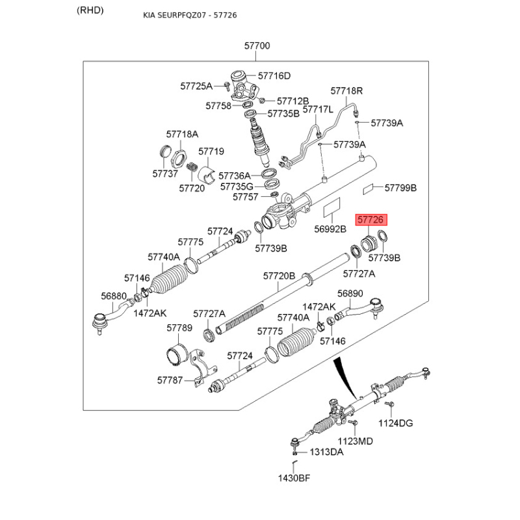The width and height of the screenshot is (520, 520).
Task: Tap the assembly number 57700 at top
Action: [x=257, y=46]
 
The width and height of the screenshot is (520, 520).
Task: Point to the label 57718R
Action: [x=346, y=91]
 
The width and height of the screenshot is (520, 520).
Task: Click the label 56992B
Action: [x=331, y=229]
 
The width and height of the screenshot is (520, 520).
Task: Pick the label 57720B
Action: [x=279, y=276]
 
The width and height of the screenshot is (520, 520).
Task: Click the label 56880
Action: [x=114, y=296]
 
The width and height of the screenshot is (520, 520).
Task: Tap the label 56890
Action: [x=350, y=293]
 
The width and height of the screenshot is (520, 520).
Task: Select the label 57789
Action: [x=179, y=328]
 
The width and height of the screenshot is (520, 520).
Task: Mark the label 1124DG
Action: [x=396, y=424]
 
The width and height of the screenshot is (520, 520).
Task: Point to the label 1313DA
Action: [x=326, y=452]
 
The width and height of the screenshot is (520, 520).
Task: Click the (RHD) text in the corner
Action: [x=90, y=10]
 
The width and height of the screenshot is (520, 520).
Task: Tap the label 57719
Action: [x=211, y=151]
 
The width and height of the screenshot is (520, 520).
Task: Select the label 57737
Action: [x=165, y=174]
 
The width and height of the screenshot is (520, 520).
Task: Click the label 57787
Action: [x=170, y=380]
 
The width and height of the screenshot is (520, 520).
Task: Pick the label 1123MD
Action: [x=357, y=441]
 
